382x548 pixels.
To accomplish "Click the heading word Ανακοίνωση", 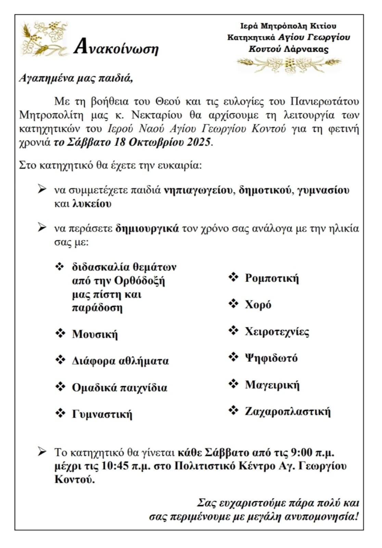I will click(116, 48).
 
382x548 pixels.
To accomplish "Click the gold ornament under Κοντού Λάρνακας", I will click(289, 64).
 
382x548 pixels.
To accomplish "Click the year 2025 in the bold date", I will click(198, 142).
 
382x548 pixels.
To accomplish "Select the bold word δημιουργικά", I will click(147, 228).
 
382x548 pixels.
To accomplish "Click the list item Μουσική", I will click(95, 334).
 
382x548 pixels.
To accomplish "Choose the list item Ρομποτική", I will click(272, 278).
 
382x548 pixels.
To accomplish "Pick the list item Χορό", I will click(258, 304).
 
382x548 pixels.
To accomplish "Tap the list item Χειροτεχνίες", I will click(277, 332).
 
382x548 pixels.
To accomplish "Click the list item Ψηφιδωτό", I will click(271, 358).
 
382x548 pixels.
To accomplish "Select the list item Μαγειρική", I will click(272, 385).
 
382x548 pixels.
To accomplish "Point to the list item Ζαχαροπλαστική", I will click(288, 411).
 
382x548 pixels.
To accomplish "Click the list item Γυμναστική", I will click(102, 414).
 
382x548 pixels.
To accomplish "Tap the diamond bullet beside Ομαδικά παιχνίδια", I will click(60, 387).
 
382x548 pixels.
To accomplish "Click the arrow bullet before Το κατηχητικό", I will click(42, 452).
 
